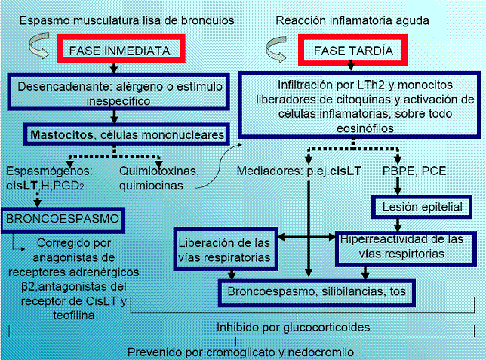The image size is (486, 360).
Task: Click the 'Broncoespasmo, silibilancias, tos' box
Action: coord(318,290)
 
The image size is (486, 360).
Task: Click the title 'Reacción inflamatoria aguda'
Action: coord(352,18)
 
